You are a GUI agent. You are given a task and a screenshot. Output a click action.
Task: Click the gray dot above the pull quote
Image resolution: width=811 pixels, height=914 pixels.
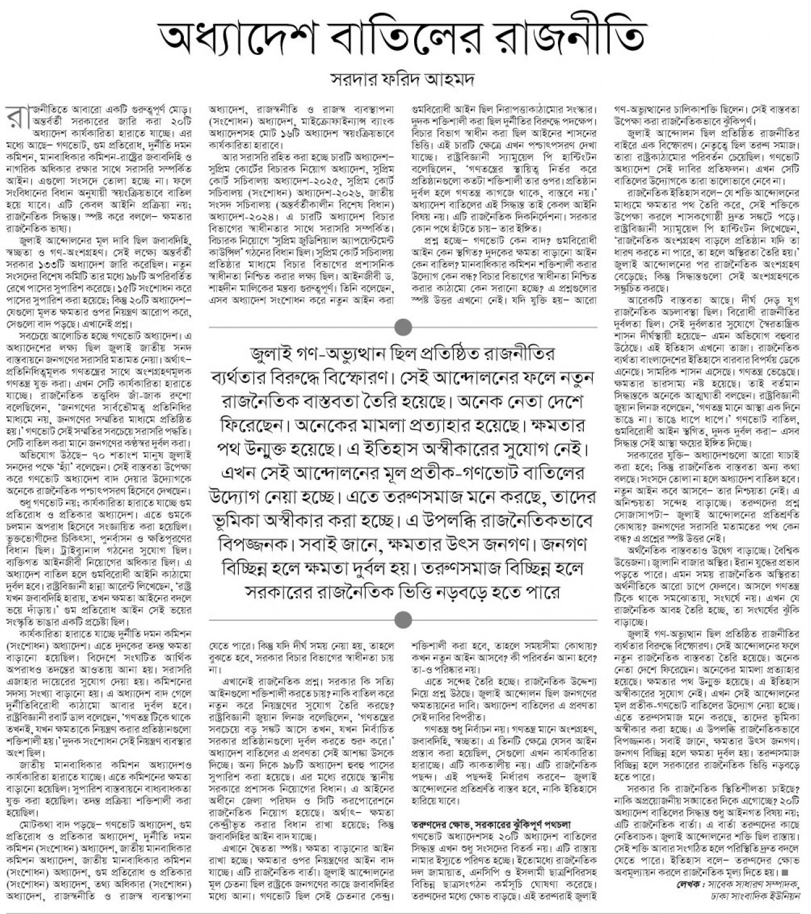click(x=402, y=326)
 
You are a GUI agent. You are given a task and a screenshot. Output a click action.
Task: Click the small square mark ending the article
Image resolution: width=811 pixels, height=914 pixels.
click(x=785, y=873)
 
